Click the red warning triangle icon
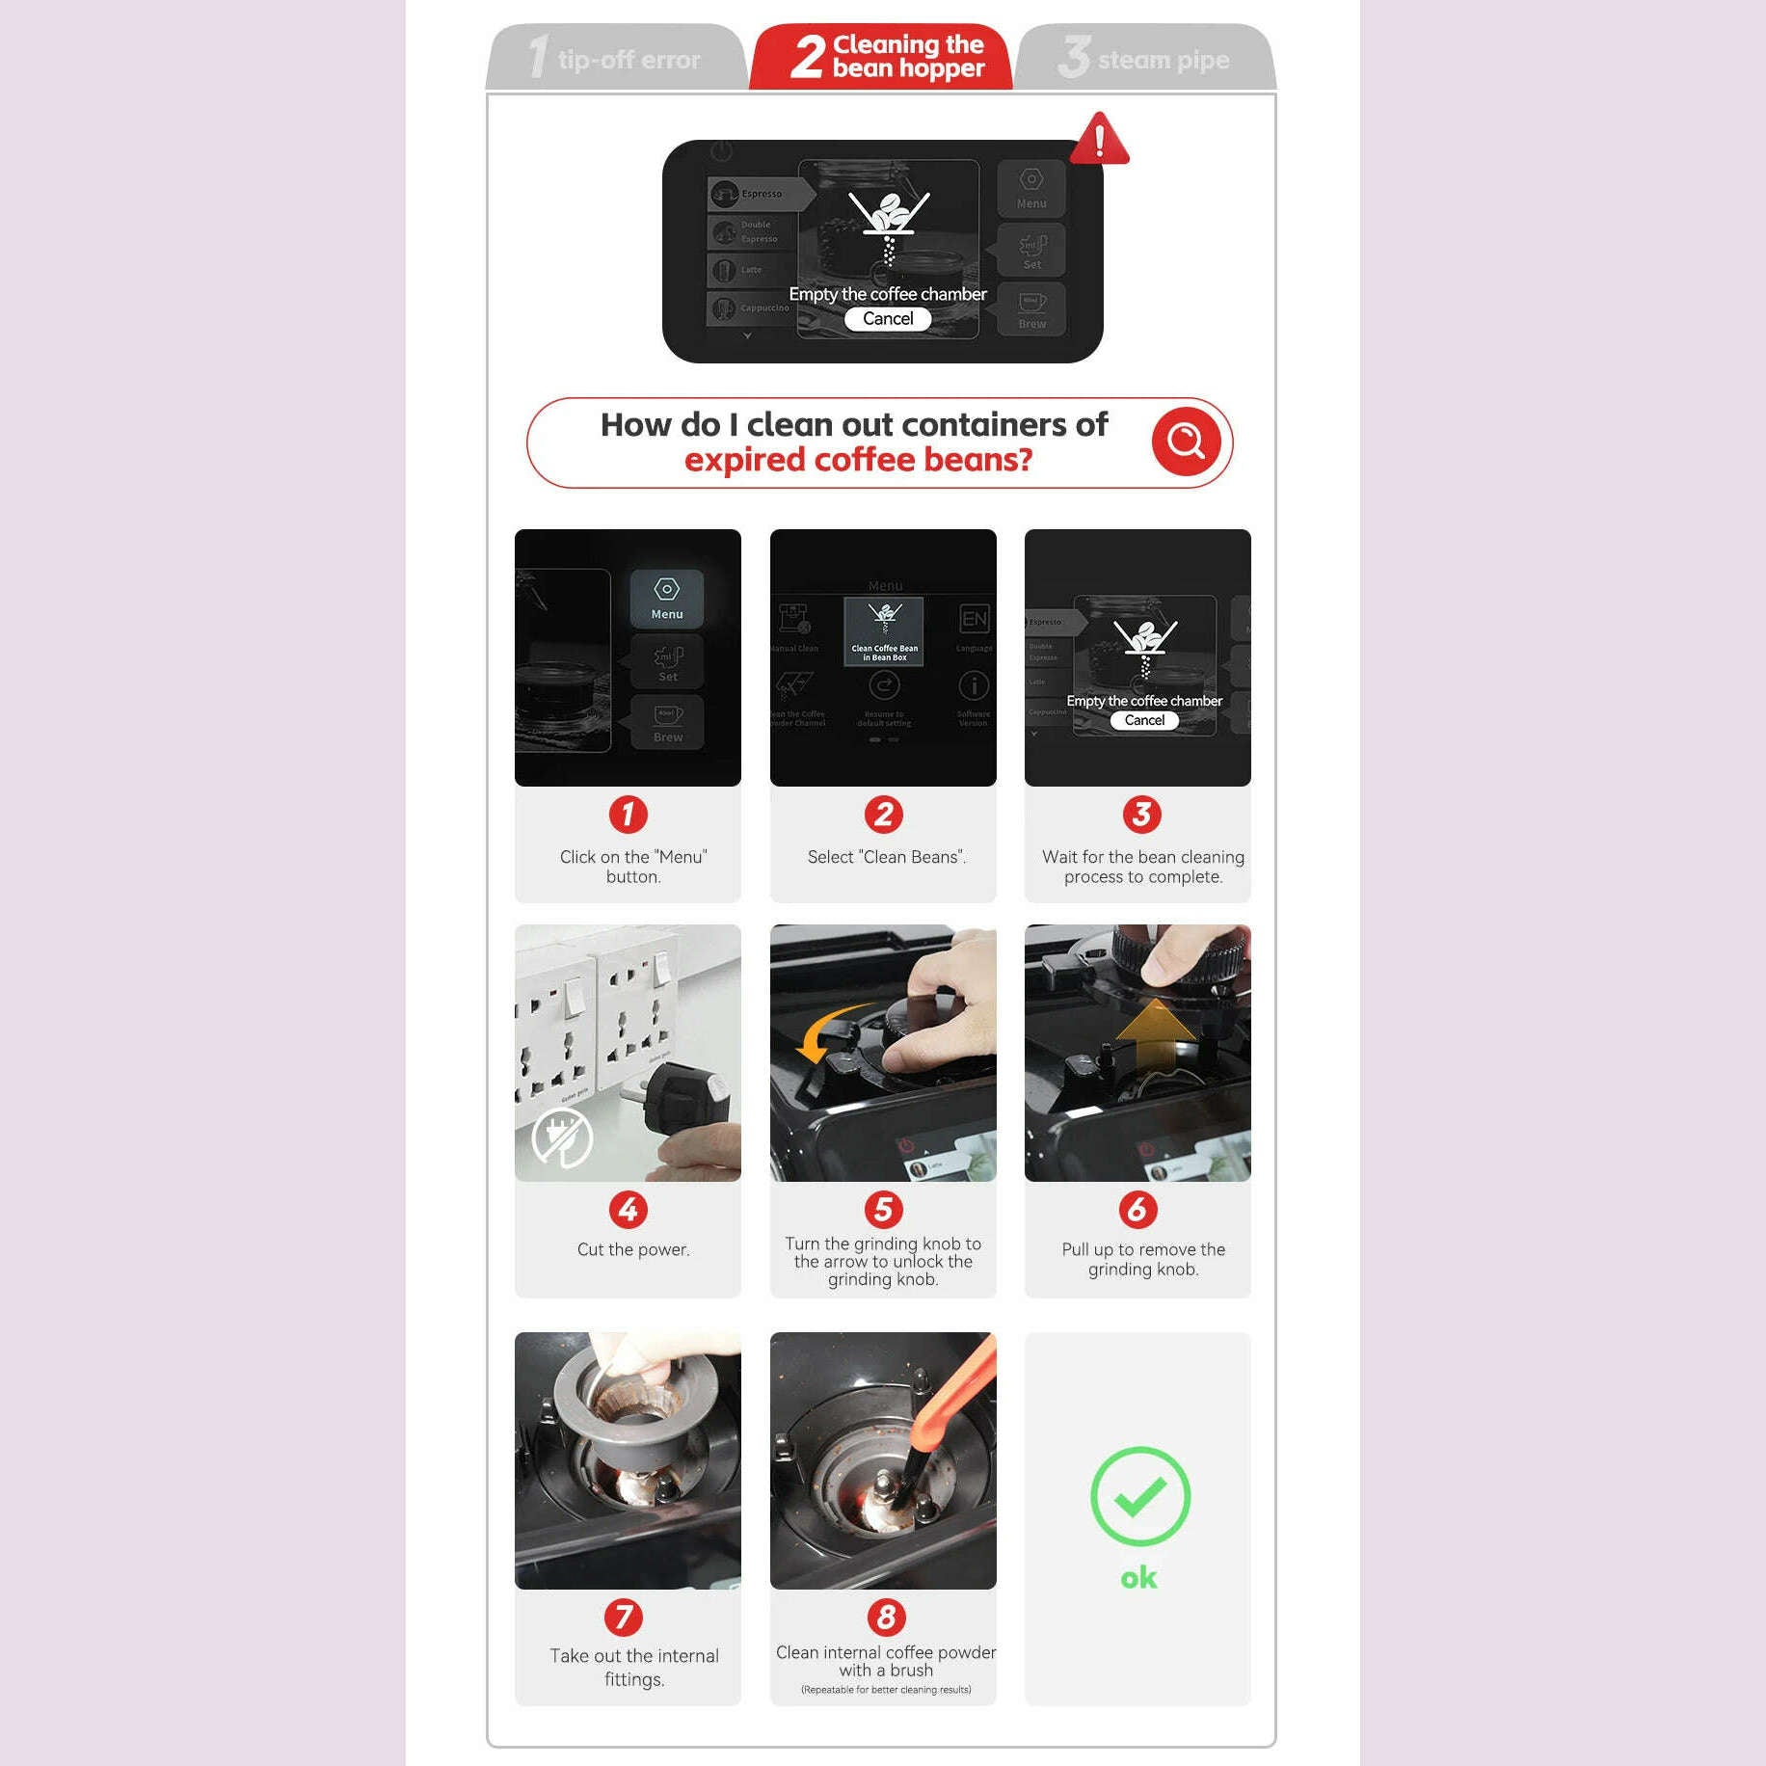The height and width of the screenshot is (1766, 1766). (1099, 141)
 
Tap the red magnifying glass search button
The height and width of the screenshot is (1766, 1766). (1186, 441)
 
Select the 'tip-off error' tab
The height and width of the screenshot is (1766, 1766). (617, 59)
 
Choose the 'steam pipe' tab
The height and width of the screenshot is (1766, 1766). (1145, 59)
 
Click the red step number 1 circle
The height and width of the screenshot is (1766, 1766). (628, 815)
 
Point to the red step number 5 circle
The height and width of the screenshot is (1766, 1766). (883, 1209)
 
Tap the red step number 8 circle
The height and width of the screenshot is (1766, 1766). (886, 1617)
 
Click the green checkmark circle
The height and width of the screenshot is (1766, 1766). (1140, 1496)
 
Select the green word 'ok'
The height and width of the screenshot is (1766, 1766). (1138, 1577)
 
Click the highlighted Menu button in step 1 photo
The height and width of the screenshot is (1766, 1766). (667, 599)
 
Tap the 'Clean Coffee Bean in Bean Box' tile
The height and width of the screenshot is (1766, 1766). (884, 630)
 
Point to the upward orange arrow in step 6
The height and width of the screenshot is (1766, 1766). (1156, 1036)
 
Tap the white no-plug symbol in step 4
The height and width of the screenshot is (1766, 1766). (562, 1137)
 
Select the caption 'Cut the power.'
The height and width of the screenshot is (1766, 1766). (633, 1249)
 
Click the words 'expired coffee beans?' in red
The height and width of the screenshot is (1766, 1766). (858, 460)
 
